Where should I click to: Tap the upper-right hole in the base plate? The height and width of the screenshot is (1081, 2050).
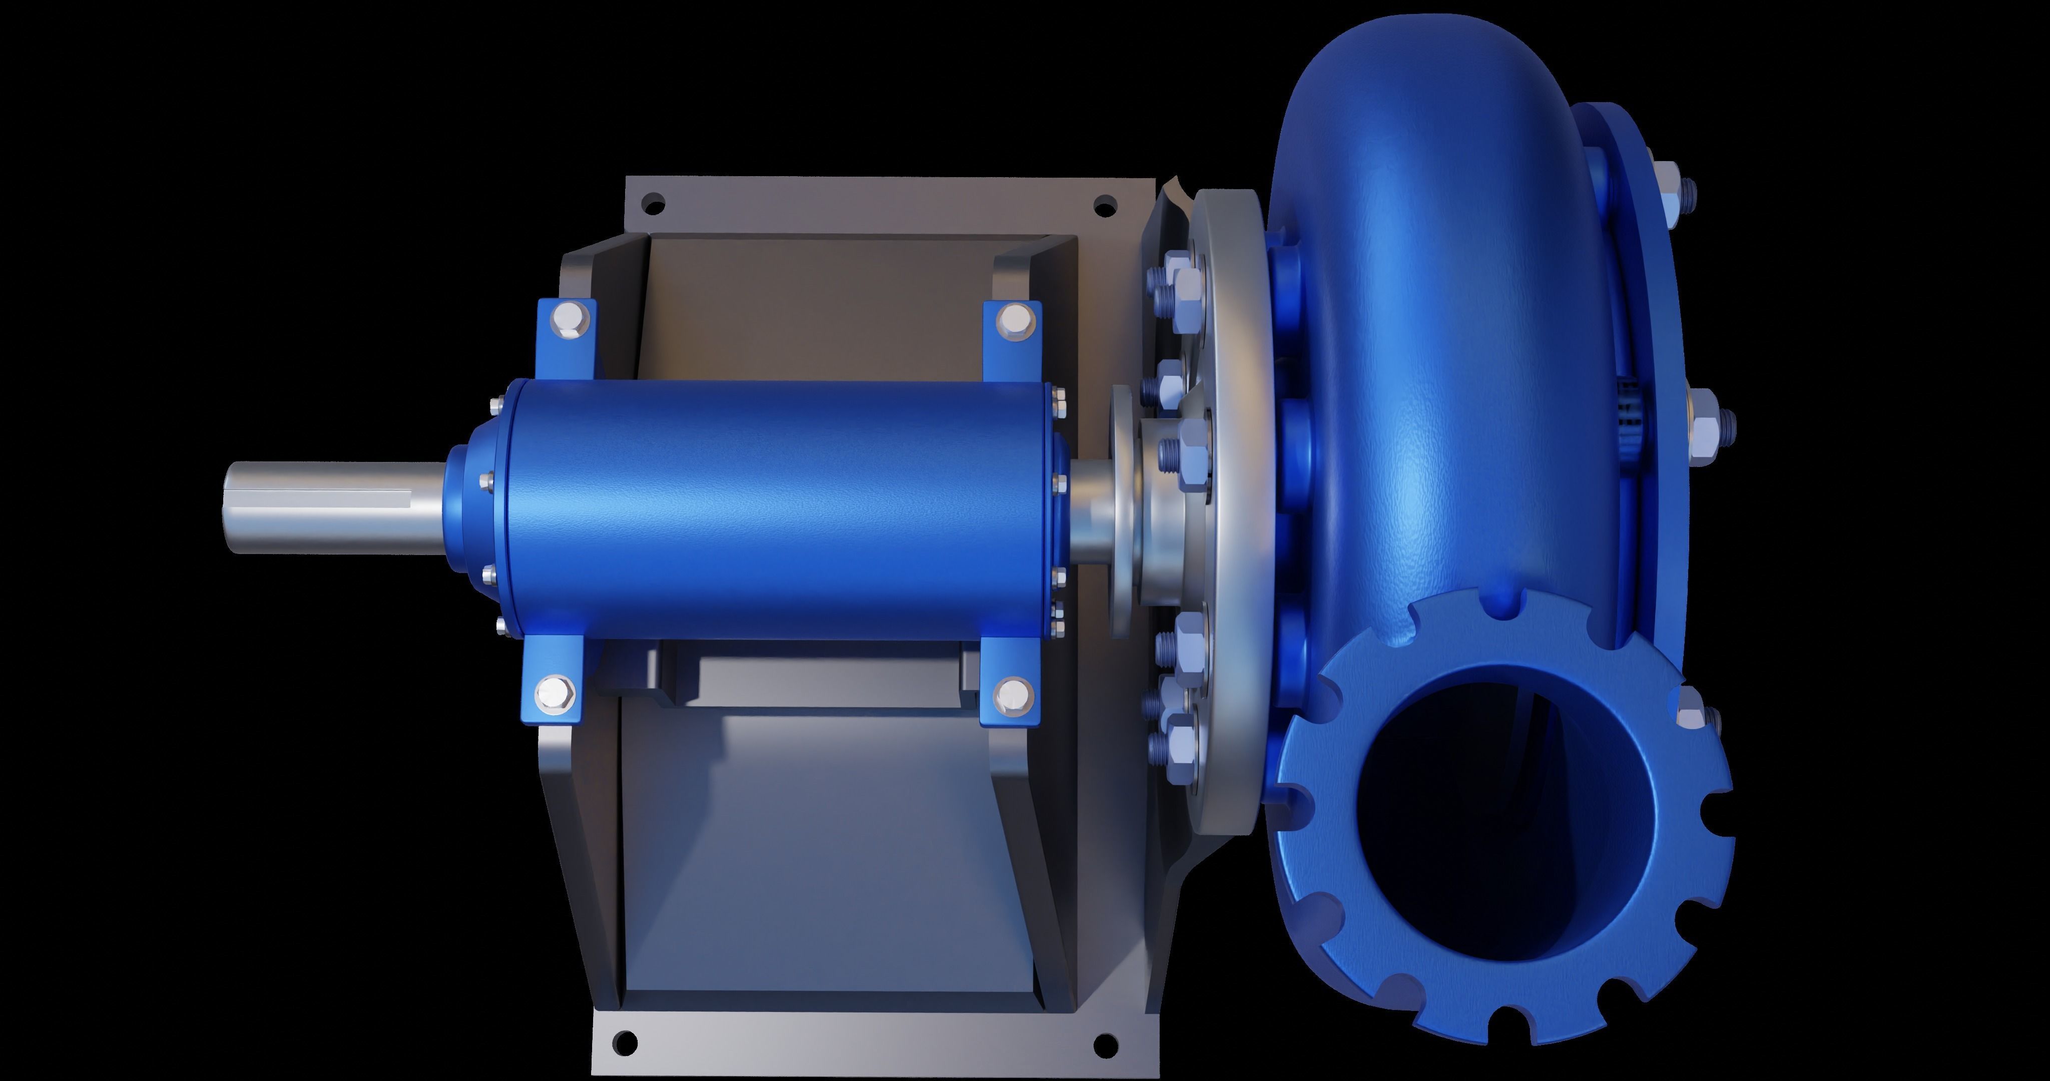(1104, 205)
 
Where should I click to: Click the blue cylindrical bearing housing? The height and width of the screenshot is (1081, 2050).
(772, 509)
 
